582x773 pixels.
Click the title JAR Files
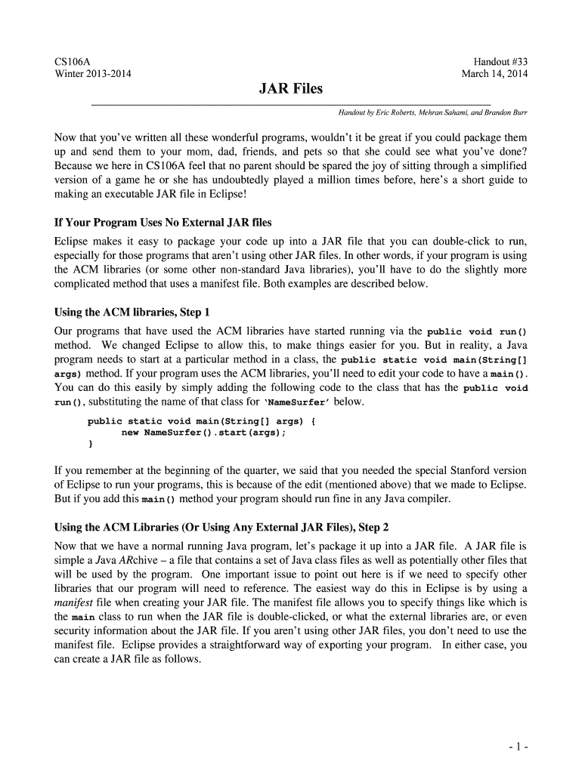[x=290, y=89]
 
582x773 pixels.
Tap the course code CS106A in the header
[x=73, y=60]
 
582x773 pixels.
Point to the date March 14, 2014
[x=494, y=73]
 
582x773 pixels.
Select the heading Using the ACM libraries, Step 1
[x=131, y=312]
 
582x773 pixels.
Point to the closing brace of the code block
[x=91, y=445]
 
